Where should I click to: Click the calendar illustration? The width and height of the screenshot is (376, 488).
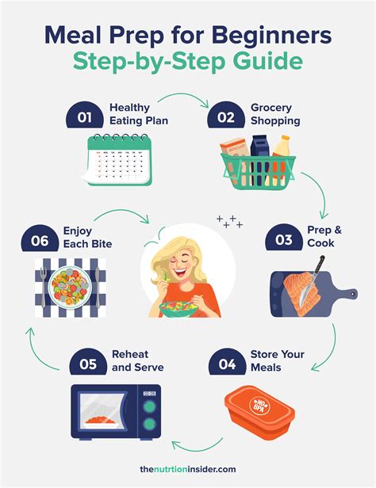(120, 160)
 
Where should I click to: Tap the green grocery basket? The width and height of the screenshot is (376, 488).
(258, 170)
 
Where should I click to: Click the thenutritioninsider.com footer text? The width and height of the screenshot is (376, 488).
(188, 471)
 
